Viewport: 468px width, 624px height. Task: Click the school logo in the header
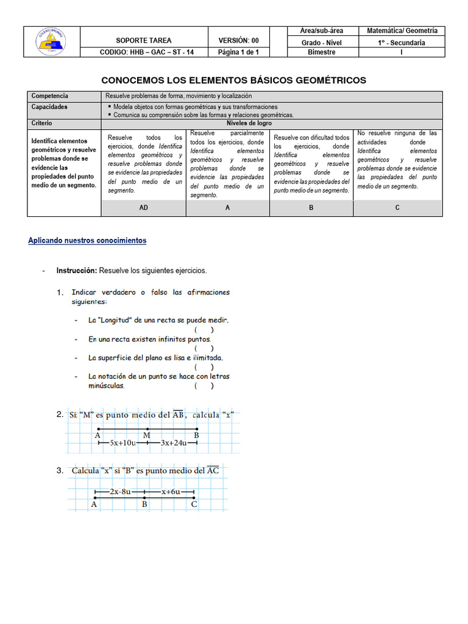[x=52, y=42]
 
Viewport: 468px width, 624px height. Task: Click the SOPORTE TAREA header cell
[x=144, y=41]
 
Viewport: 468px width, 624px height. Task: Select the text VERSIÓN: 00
[x=238, y=41]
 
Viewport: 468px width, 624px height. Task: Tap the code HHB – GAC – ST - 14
[x=146, y=52]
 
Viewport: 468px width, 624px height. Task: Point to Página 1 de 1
[x=238, y=52]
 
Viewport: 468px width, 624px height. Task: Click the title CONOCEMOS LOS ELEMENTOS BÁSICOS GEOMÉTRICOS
[x=233, y=80]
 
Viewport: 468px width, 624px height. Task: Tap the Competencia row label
[x=50, y=96]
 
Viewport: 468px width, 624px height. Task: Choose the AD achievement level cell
[x=144, y=208]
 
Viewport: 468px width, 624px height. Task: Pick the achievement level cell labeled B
[x=311, y=208]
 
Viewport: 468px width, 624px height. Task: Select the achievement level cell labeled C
[x=397, y=208]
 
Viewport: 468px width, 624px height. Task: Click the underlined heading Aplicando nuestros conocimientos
[x=87, y=241]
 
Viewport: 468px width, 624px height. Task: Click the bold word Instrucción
[x=77, y=270]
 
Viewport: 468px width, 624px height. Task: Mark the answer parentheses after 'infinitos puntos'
[x=204, y=349]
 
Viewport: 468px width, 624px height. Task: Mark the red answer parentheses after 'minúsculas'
[x=204, y=386]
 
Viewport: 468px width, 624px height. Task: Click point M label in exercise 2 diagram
[x=146, y=435]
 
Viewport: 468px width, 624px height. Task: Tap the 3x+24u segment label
[x=173, y=444]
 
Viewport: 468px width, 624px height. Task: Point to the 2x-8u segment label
[x=119, y=491]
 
